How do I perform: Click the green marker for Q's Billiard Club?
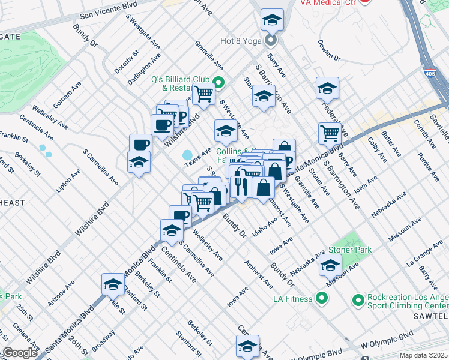tap(219, 83)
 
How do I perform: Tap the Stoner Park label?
tap(349, 250)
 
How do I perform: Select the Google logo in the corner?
tap(20, 353)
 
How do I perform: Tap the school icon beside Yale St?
tap(113, 284)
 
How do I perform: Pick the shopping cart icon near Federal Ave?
tap(330, 133)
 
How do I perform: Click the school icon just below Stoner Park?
tap(330, 265)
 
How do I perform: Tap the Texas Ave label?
tap(197, 158)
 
